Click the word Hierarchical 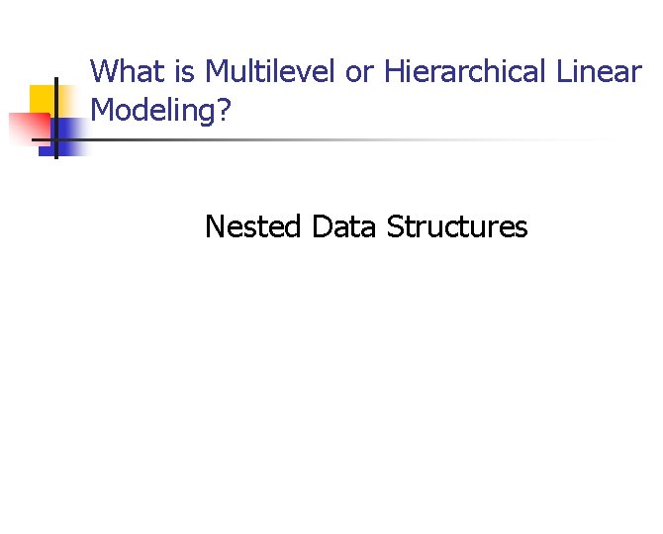tap(465, 72)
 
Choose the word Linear tap(599, 72)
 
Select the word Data tap(344, 227)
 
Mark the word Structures tap(457, 227)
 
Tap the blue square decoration tap(67, 136)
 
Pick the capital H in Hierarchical tap(393, 72)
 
